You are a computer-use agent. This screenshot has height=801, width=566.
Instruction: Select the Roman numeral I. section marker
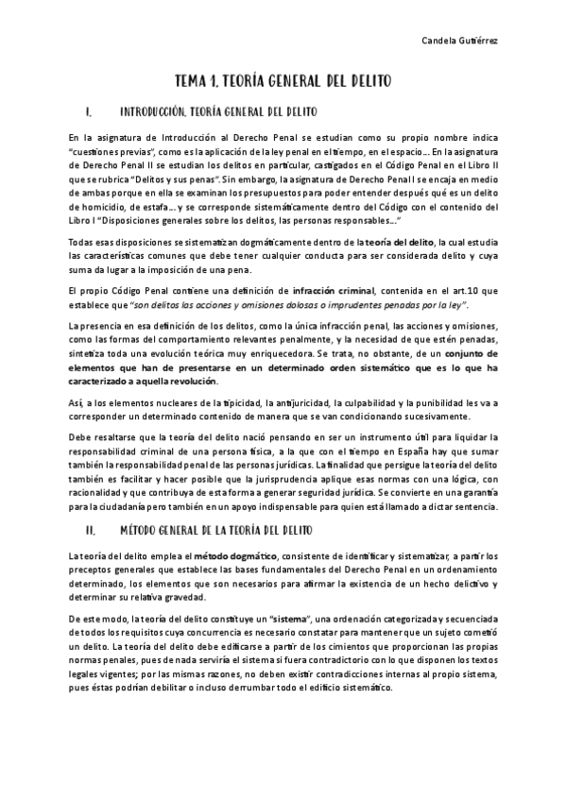click(x=88, y=111)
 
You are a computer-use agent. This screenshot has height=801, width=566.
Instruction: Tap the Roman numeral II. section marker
click(x=90, y=532)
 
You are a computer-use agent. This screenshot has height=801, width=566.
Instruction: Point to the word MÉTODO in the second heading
click(x=143, y=532)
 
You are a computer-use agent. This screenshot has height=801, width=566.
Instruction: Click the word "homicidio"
click(x=107, y=206)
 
